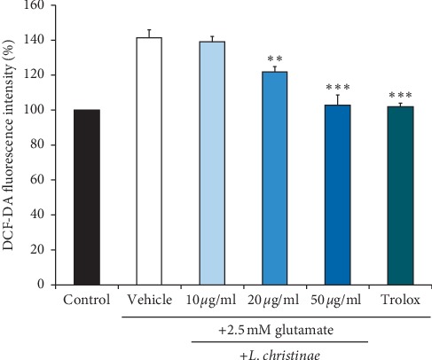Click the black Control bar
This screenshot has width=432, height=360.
[x=87, y=197]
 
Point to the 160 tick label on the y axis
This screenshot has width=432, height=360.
[x=38, y=5]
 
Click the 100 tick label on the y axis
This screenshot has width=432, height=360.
[x=38, y=110]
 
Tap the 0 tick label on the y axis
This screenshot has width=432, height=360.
[x=44, y=285]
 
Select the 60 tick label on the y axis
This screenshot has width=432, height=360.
[x=41, y=180]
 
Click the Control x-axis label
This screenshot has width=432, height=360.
[x=87, y=301]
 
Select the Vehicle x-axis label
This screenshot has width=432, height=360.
[x=149, y=301]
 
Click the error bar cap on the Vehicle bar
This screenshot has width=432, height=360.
[x=149, y=29]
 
